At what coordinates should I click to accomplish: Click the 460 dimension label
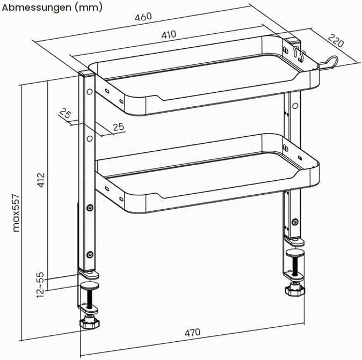pyautogui.click(x=143, y=17)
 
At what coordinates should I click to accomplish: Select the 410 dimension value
pyautogui.click(x=169, y=34)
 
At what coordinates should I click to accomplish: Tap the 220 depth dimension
pyautogui.click(x=336, y=40)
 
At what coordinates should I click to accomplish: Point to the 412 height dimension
pyautogui.click(x=41, y=180)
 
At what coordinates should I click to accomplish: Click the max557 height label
pyautogui.click(x=16, y=213)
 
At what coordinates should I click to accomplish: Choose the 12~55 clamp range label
pyautogui.click(x=40, y=285)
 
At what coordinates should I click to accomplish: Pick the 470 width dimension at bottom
pyautogui.click(x=192, y=332)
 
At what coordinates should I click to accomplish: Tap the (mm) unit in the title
pyautogui.click(x=89, y=8)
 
